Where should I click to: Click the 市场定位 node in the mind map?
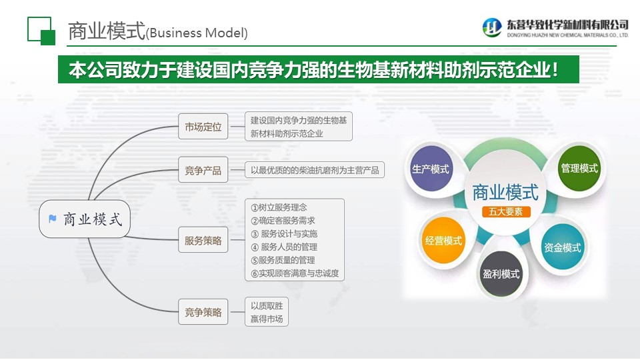click(x=203, y=127)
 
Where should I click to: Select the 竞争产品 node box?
click(x=203, y=171)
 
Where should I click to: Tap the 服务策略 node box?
click(x=203, y=241)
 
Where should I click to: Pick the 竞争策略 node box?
click(x=203, y=311)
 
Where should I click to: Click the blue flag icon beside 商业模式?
click(x=53, y=219)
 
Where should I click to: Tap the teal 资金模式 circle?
click(x=562, y=247)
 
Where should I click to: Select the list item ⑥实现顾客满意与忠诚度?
click(x=295, y=273)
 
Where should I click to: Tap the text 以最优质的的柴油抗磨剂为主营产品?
click(x=315, y=171)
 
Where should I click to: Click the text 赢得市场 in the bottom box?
click(x=267, y=319)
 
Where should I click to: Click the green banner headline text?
click(x=313, y=71)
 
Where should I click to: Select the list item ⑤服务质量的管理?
click(x=283, y=260)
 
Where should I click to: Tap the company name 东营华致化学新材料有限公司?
click(x=567, y=24)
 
